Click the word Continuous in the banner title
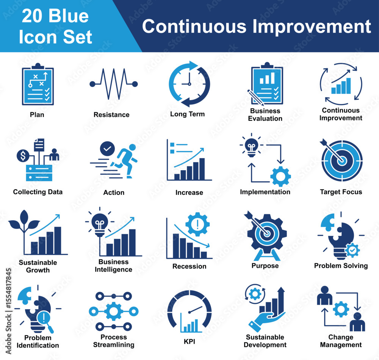tap(194, 26)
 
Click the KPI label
tap(189, 341)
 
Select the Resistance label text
tap(111, 114)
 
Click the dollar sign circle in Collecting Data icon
tap(23, 156)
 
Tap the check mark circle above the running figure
tap(107, 149)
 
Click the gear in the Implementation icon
tap(280, 176)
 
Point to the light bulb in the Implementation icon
tap(251, 147)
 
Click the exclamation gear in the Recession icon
tap(197, 224)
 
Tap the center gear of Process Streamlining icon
tap(114, 311)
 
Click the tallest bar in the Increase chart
tap(202, 169)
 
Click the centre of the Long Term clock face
tap(189, 84)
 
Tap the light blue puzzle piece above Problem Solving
tap(327, 221)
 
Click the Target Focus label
tap(341, 192)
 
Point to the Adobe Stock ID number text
tap(8, 288)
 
